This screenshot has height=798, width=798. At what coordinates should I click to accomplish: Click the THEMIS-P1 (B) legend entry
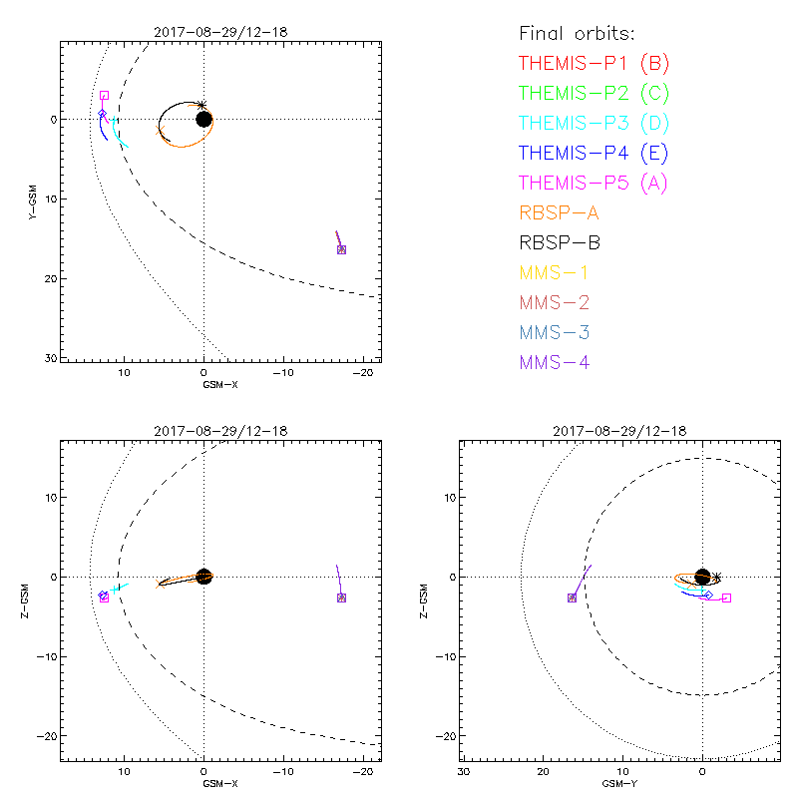coord(594,64)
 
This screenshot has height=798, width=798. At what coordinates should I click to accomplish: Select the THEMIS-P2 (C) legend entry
coord(594,94)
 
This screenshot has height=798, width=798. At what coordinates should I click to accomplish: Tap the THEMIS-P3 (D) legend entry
coord(594,124)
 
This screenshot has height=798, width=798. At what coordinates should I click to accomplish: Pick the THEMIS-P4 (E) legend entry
coord(594,154)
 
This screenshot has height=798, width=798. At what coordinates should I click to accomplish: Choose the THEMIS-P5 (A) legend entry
coord(594,184)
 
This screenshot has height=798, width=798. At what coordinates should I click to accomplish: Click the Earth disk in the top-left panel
coord(203,119)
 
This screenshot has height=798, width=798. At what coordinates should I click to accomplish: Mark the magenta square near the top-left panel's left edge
coord(104,96)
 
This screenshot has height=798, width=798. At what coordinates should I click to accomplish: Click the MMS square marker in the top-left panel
coord(341,249)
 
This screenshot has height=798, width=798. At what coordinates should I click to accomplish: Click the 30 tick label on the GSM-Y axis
coord(464,772)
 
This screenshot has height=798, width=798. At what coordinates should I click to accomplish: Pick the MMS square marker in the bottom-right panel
coord(572,598)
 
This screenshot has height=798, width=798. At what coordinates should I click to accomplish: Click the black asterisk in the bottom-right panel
coord(715,577)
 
